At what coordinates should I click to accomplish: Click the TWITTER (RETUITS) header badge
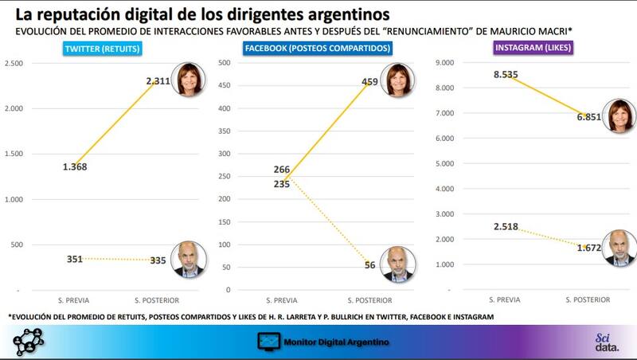(x=103, y=49)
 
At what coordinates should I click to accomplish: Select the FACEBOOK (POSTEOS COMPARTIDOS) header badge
(x=318, y=49)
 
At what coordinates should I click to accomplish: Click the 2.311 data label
(x=158, y=81)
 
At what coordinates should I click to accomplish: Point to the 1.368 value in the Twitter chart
(x=74, y=166)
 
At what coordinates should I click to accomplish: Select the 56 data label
(x=369, y=265)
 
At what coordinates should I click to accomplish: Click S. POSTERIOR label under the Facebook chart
(x=372, y=300)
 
